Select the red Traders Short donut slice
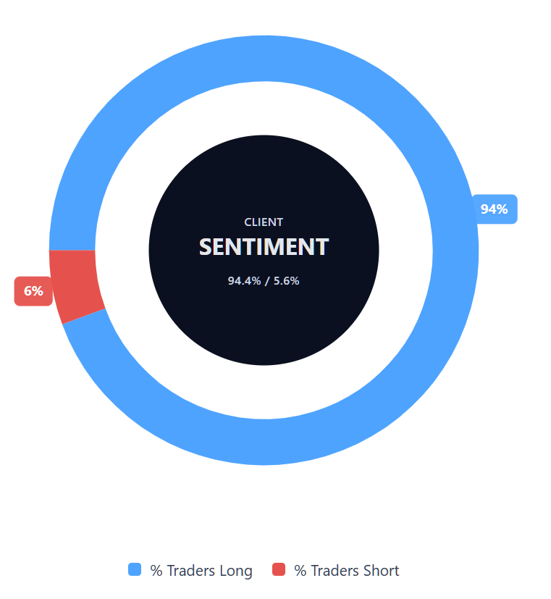(76, 285)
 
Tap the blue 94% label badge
(494, 209)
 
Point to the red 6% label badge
(33, 291)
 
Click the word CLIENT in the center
(264, 222)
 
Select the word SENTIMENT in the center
(264, 247)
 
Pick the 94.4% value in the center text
(244, 281)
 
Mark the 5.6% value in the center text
(285, 281)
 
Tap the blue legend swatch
(135, 569)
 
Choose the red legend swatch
(279, 569)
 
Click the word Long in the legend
(235, 571)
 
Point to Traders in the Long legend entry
(190, 571)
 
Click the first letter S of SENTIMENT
(206, 247)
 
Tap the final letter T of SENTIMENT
(322, 247)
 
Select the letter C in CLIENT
(248, 222)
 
